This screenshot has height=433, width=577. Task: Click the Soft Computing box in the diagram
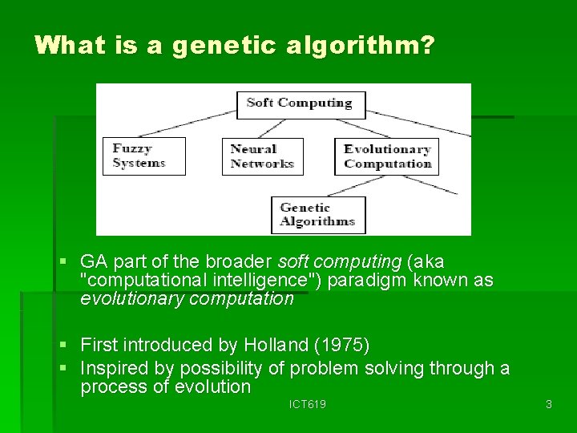point(300,103)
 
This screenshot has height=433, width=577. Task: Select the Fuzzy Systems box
point(143,156)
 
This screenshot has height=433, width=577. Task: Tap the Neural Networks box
point(262,156)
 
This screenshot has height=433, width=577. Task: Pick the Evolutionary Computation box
point(387,156)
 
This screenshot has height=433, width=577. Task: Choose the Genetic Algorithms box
point(317,215)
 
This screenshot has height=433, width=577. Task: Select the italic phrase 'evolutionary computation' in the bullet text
point(187,299)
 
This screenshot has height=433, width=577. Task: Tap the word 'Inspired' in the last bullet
point(113,368)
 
